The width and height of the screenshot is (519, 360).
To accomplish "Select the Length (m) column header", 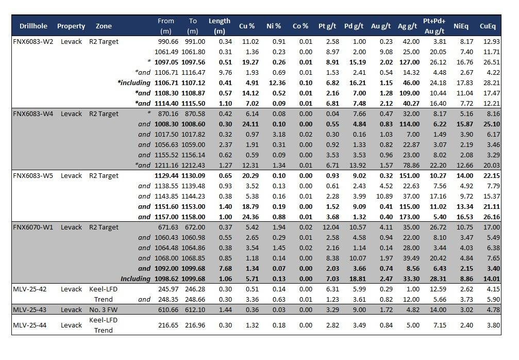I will (x=220, y=26).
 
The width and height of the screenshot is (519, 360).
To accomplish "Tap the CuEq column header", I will (x=488, y=26).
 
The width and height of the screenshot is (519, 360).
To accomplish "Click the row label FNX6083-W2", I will (x=33, y=42).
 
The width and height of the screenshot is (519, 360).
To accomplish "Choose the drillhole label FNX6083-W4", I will (x=33, y=114).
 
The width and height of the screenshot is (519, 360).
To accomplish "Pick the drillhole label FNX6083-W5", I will (x=33, y=176).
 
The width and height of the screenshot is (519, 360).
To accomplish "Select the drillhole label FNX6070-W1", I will (x=33, y=227).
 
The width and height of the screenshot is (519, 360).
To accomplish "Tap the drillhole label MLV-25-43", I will (x=29, y=310).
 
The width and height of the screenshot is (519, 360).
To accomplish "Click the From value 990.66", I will (x=164, y=42).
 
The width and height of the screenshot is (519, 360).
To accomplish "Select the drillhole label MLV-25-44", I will (x=29, y=325).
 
